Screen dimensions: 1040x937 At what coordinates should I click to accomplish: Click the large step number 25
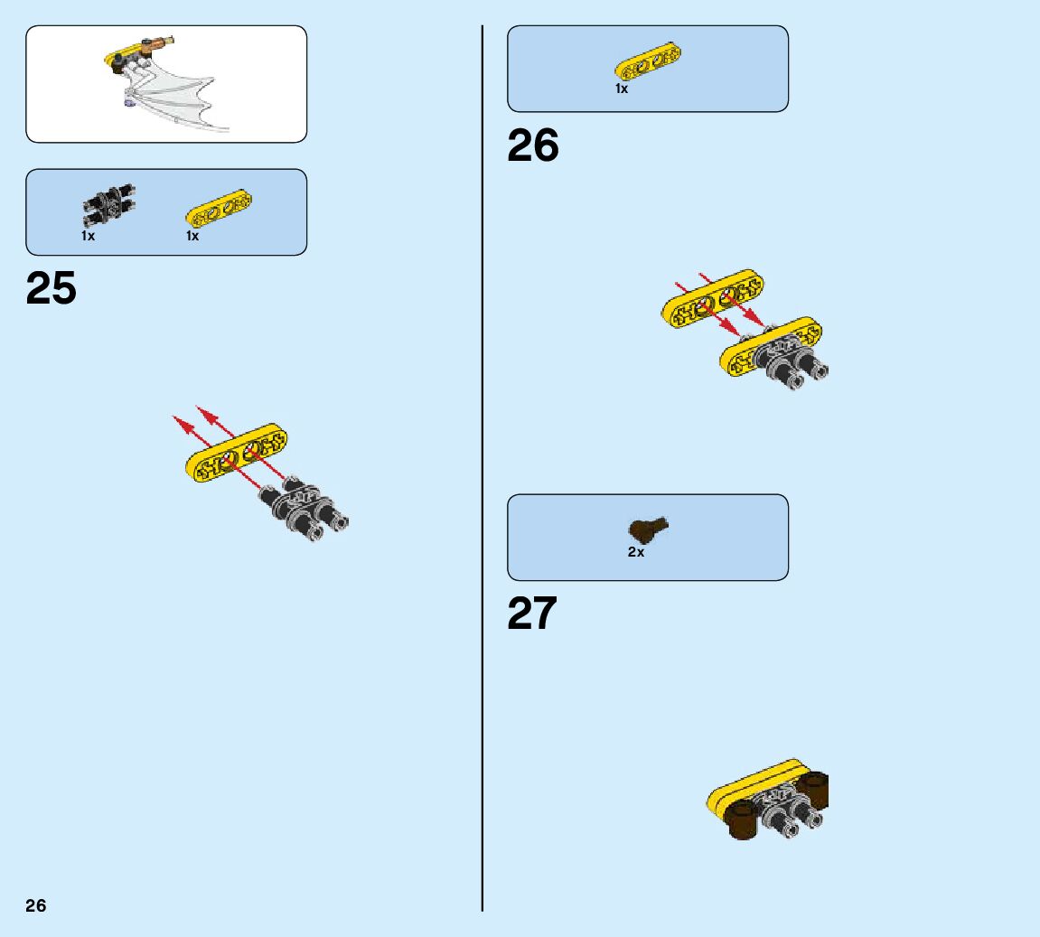pyautogui.click(x=52, y=288)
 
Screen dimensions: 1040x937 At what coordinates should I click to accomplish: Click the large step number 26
pyautogui.click(x=533, y=145)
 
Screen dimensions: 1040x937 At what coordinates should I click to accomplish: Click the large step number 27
pyautogui.click(x=532, y=614)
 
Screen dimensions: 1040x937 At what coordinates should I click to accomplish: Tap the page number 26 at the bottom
pyautogui.click(x=36, y=906)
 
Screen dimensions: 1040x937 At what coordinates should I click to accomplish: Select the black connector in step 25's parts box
pyautogui.click(x=108, y=205)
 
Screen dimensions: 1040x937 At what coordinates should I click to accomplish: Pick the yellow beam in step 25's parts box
pyautogui.click(x=219, y=209)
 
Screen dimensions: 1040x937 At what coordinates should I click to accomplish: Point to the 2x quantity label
pyautogui.click(x=636, y=552)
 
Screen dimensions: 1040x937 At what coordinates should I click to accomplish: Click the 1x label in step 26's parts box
pyautogui.click(x=622, y=89)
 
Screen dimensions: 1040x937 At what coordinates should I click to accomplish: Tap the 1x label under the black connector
pyautogui.click(x=88, y=236)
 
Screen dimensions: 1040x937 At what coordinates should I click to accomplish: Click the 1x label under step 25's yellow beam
pyautogui.click(x=192, y=236)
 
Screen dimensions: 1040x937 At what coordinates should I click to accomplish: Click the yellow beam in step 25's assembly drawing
pyautogui.click(x=237, y=453)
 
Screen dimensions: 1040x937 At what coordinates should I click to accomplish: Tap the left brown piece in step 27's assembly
pyautogui.click(x=744, y=821)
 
